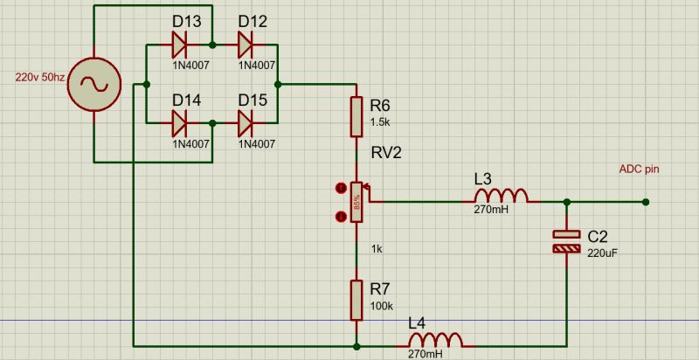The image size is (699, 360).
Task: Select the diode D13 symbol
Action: click(181, 42)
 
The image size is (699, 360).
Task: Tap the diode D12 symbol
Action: click(246, 42)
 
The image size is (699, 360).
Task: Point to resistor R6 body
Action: click(356, 117)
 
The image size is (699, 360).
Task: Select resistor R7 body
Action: click(356, 300)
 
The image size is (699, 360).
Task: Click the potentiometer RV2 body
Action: click(356, 202)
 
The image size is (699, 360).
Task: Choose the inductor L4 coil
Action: click(435, 340)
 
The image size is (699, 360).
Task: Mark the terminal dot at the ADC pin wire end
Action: click(645, 202)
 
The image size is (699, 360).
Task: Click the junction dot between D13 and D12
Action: click(212, 42)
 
